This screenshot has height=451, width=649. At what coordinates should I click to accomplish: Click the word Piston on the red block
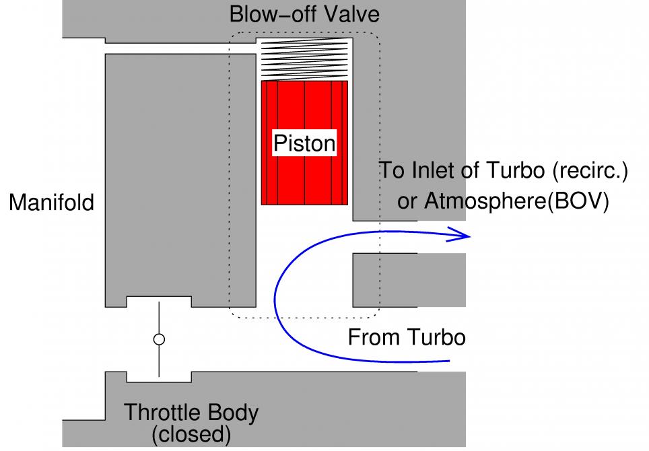[304, 143]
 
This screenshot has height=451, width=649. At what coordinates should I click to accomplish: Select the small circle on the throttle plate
[159, 339]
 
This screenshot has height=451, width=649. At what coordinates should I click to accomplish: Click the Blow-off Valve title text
[304, 14]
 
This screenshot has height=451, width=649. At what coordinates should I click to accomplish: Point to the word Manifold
[51, 202]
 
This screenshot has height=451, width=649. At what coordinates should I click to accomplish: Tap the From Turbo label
[406, 337]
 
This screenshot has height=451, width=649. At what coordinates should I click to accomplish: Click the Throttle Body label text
[191, 412]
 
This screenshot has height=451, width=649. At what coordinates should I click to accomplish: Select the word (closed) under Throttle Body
[191, 434]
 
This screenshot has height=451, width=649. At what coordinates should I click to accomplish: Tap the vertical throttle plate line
[159, 316]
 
